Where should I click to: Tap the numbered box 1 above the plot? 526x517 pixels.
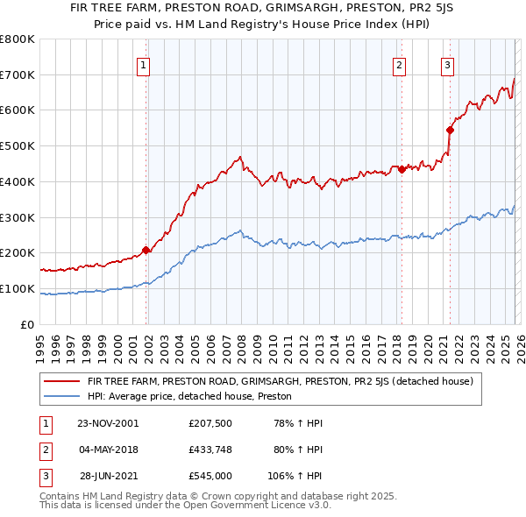pos(143,64)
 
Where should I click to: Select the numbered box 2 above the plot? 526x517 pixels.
pos(400,64)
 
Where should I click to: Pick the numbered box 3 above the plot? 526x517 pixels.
pos(447,64)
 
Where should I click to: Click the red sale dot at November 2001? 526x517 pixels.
pos(146,251)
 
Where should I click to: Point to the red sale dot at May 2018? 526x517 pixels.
pos(402,169)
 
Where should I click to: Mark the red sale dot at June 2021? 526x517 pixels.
pos(450,130)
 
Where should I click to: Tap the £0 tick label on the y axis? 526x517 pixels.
pos(27,325)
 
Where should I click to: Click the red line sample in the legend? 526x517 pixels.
pos(62,381)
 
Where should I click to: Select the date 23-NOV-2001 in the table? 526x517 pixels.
pos(108,423)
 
